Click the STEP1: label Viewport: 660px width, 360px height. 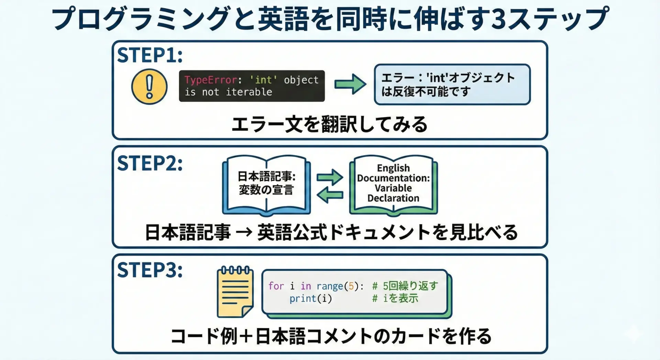click(150, 55)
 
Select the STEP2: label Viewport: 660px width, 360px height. click(150, 163)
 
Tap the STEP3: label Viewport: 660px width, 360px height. click(150, 270)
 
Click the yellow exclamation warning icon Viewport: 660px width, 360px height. click(149, 86)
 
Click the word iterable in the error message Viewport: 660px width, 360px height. click(249, 92)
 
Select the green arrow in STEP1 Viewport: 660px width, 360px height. click(350, 84)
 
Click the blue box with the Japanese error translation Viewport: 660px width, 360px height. click(452, 85)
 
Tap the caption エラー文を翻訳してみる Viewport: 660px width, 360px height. click(329, 124)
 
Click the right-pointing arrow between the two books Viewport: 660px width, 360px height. click(330, 177)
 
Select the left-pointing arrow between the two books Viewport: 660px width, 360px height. click(330, 195)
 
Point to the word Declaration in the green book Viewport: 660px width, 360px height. click(393, 198)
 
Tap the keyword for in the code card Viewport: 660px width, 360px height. click(276, 286)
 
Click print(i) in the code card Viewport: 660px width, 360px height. click(310, 298)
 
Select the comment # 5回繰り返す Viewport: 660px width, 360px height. click(405, 286)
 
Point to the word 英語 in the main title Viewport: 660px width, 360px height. click(284, 19)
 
